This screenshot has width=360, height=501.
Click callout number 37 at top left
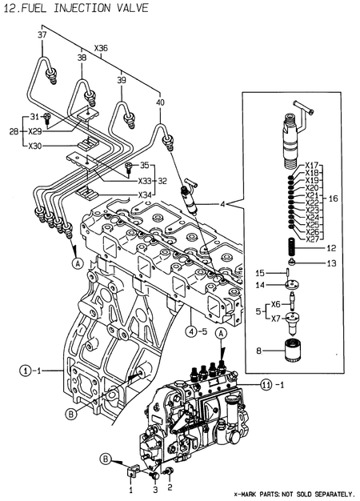tap(42, 35)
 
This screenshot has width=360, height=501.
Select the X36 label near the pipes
tap(101, 48)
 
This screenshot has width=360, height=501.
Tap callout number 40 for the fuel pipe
tap(160, 102)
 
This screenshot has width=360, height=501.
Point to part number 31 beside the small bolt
tap(34, 117)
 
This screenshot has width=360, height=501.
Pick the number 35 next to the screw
tap(145, 165)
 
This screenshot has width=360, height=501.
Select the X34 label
tap(146, 194)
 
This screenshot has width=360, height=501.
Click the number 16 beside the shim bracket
tap(334, 197)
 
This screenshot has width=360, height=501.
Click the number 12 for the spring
tap(330, 248)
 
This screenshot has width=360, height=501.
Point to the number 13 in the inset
tap(330, 263)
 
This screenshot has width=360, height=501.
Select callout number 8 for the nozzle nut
tap(259, 349)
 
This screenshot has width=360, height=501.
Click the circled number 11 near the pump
tap(268, 385)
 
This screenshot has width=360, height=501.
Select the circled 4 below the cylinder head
tap(192, 331)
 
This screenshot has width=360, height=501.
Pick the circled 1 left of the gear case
tap(26, 371)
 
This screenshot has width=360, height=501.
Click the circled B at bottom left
tap(105, 458)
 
